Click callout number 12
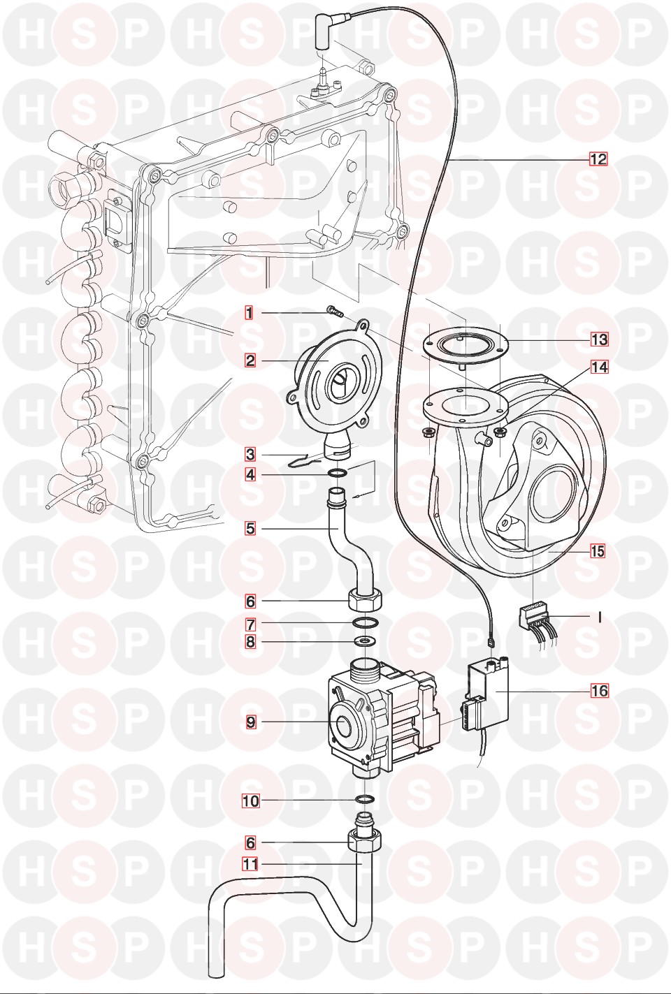598,159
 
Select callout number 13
599,339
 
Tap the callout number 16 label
599,691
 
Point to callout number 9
251,723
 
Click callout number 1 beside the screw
249,313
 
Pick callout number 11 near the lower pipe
250,864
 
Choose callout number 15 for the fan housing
597,551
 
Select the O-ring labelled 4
336,474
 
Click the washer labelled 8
363,641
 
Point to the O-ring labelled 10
364,799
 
